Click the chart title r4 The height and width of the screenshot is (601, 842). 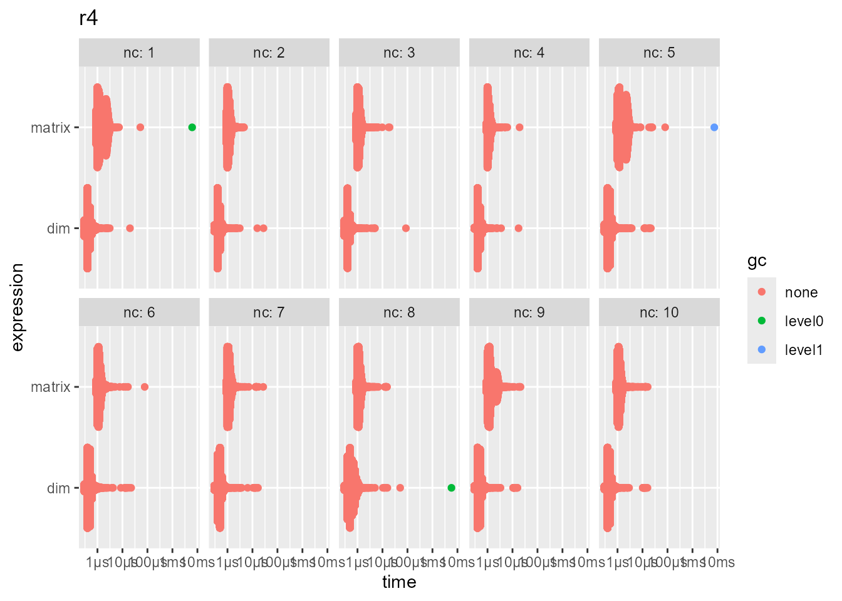(x=88, y=19)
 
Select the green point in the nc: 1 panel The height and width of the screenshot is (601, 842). (x=192, y=127)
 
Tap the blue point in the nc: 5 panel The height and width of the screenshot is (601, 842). (x=714, y=127)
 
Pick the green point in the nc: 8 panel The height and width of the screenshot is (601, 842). (x=452, y=488)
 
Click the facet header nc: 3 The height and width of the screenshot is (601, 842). (x=399, y=53)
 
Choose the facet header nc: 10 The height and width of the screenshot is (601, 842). (x=659, y=312)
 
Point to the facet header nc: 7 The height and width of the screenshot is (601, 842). (x=269, y=312)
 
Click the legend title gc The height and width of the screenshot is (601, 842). (x=757, y=261)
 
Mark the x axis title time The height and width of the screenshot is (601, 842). (x=399, y=582)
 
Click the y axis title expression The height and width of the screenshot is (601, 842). (x=17, y=307)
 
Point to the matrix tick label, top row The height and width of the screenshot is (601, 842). (x=51, y=128)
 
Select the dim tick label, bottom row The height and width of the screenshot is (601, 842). (x=58, y=488)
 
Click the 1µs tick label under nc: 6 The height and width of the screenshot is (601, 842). (x=98, y=562)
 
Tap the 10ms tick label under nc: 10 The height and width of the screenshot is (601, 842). (x=718, y=562)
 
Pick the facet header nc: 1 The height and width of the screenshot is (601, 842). (x=139, y=53)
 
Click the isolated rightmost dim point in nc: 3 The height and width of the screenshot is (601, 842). (x=406, y=228)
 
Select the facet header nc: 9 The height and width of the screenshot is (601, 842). (x=529, y=312)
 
